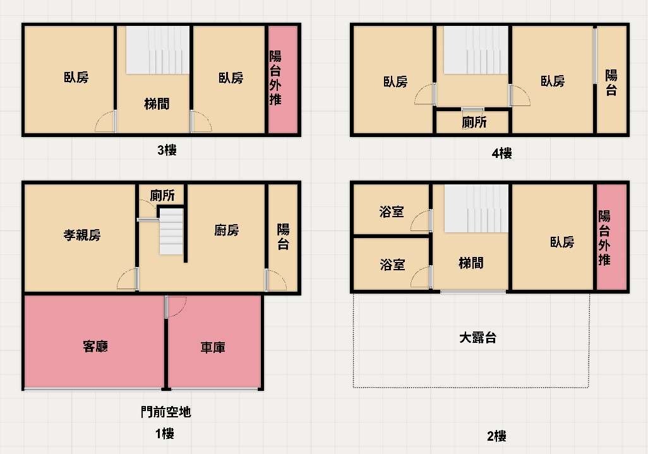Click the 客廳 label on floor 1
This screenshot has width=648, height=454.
pyautogui.click(x=95, y=346)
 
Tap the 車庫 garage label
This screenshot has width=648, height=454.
pyautogui.click(x=213, y=347)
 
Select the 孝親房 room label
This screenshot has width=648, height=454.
pyautogui.click(x=82, y=235)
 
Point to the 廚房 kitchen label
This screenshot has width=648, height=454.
pyautogui.click(x=227, y=230)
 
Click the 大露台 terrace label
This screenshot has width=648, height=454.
pyautogui.click(x=477, y=338)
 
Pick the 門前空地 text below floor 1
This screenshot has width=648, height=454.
pyautogui.click(x=165, y=412)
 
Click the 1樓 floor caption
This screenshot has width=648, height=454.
pyautogui.click(x=164, y=434)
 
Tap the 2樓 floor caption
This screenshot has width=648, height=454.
pyautogui.click(x=496, y=436)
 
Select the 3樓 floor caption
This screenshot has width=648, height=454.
pyautogui.click(x=167, y=150)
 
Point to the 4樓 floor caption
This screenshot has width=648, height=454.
pyautogui.click(x=501, y=153)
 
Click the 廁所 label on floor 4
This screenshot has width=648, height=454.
pyautogui.click(x=474, y=122)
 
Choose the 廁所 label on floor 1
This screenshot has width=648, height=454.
pyautogui.click(x=162, y=195)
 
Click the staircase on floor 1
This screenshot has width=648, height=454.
pyautogui.click(x=172, y=231)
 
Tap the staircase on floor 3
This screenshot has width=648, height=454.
pyautogui.click(x=158, y=50)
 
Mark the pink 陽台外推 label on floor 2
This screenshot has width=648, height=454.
pyautogui.click(x=604, y=238)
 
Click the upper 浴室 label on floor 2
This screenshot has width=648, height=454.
pyautogui.click(x=392, y=212)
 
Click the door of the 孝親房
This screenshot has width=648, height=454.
pyautogui.click(x=128, y=278)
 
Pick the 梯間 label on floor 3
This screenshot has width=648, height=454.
pyautogui.click(x=157, y=104)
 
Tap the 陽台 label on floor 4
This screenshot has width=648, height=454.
pyautogui.click(x=611, y=83)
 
